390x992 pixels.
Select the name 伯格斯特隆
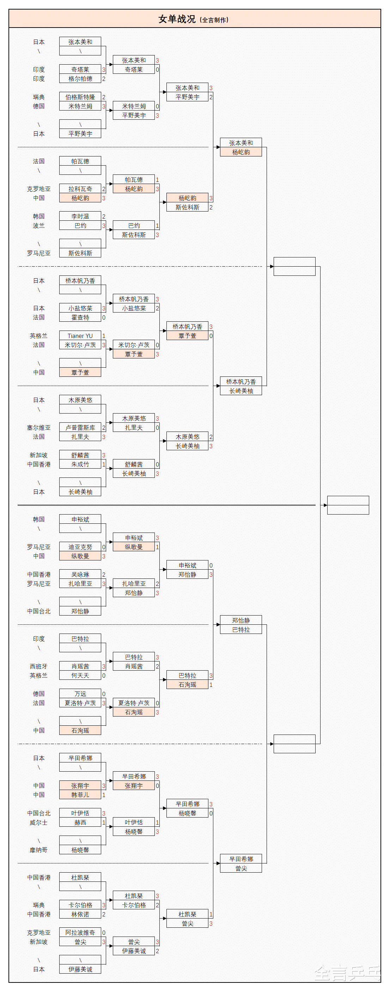(x=80, y=97)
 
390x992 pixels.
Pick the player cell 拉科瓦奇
(x=80, y=189)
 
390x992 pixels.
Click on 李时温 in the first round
(x=80, y=216)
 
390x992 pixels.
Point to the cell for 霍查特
(x=80, y=318)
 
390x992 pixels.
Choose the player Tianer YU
(x=80, y=336)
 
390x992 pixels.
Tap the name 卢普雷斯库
(x=80, y=428)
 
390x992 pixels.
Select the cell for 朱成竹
(x=80, y=464)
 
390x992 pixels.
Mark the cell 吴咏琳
(x=80, y=575)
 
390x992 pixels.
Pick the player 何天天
(x=80, y=676)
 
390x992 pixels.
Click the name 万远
(x=80, y=694)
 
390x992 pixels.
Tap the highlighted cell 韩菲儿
(x=80, y=795)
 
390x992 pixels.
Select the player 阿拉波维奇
(x=80, y=933)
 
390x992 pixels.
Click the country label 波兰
(x=38, y=226)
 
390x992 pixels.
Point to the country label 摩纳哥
(x=38, y=850)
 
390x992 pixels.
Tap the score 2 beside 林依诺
(x=104, y=914)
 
